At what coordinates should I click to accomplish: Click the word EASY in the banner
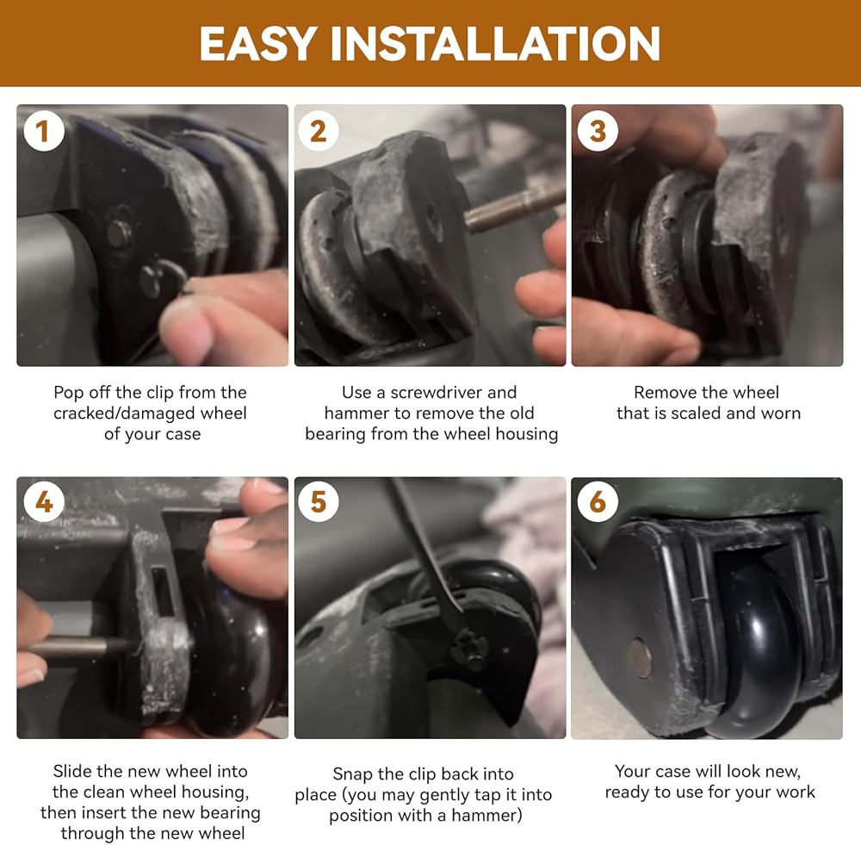[x=257, y=43]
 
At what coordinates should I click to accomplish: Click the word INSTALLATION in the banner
[x=495, y=43]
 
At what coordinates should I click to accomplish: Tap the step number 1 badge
[x=43, y=131]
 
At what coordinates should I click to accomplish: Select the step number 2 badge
[x=318, y=131]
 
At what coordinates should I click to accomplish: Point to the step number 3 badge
[x=598, y=131]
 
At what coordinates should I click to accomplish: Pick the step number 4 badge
[x=43, y=501]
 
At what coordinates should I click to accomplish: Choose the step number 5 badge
[x=318, y=501]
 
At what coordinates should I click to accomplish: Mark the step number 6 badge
[x=598, y=501]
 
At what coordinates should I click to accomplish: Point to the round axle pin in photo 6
[x=639, y=657]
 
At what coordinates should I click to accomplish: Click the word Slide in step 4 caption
[x=72, y=772]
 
